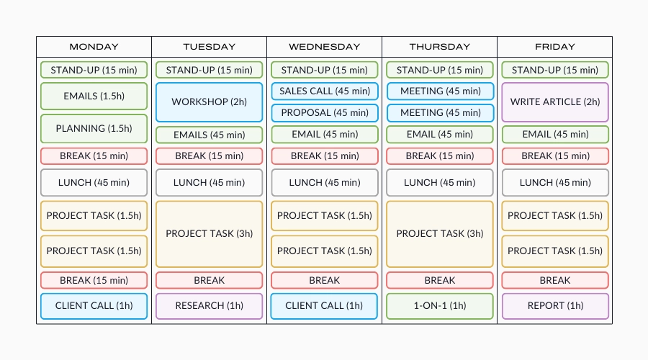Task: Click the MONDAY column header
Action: (94, 47)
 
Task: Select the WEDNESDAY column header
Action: (324, 47)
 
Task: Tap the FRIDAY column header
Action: (554, 47)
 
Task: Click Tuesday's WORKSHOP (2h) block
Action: (209, 102)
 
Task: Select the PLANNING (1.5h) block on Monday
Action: (94, 129)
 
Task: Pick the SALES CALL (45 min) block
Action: (324, 91)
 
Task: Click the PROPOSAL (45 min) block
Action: (324, 113)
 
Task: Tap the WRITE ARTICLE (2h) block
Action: (554, 102)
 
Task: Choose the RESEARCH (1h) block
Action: (209, 306)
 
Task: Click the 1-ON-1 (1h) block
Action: (439, 306)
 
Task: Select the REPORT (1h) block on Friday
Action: (554, 306)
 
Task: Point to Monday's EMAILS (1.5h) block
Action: (94, 96)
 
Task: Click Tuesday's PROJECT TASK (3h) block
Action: (209, 234)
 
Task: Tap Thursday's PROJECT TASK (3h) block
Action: (439, 234)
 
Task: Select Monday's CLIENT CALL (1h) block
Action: (94, 306)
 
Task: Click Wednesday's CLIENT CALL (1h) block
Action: (324, 306)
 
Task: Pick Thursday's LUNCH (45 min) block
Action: (439, 183)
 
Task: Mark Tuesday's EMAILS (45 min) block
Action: (209, 135)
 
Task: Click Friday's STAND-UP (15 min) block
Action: (554, 70)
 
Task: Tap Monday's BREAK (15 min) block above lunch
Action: (94, 156)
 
